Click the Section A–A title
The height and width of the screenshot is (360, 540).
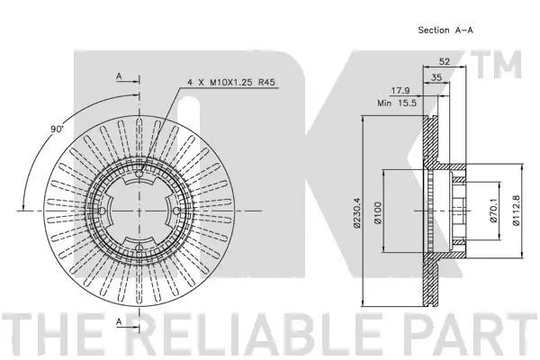tap(445, 30)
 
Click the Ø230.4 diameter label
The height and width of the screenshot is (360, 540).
tap(357, 212)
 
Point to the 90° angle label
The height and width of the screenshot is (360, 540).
tap(57, 130)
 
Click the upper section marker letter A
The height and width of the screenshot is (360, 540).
tap(118, 76)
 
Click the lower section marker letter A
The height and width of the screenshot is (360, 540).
tap(118, 321)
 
